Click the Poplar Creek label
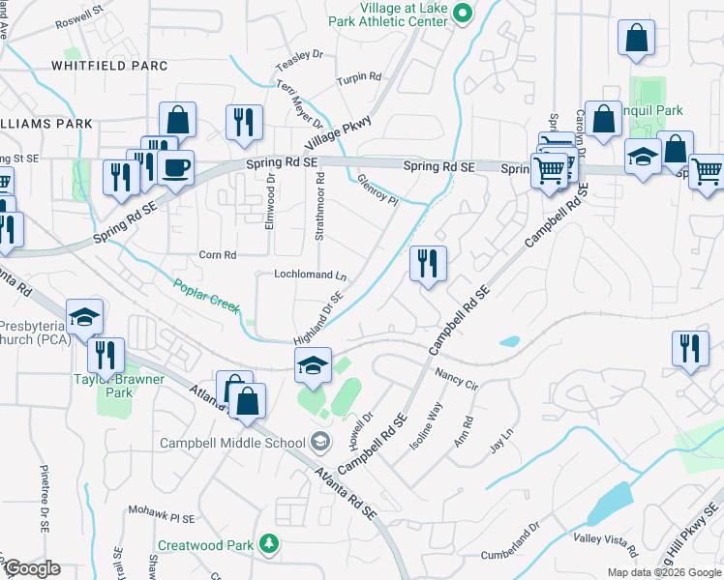[206, 296]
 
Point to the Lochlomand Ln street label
[310, 275]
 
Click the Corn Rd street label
[217, 255]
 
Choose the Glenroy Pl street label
[377, 189]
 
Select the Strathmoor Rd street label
[318, 203]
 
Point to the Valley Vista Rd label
[605, 543]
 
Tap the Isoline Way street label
[426, 421]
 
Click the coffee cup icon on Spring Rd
[175, 167]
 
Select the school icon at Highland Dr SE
[313, 364]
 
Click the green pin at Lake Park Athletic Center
[463, 13]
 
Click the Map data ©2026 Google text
[664, 572]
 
